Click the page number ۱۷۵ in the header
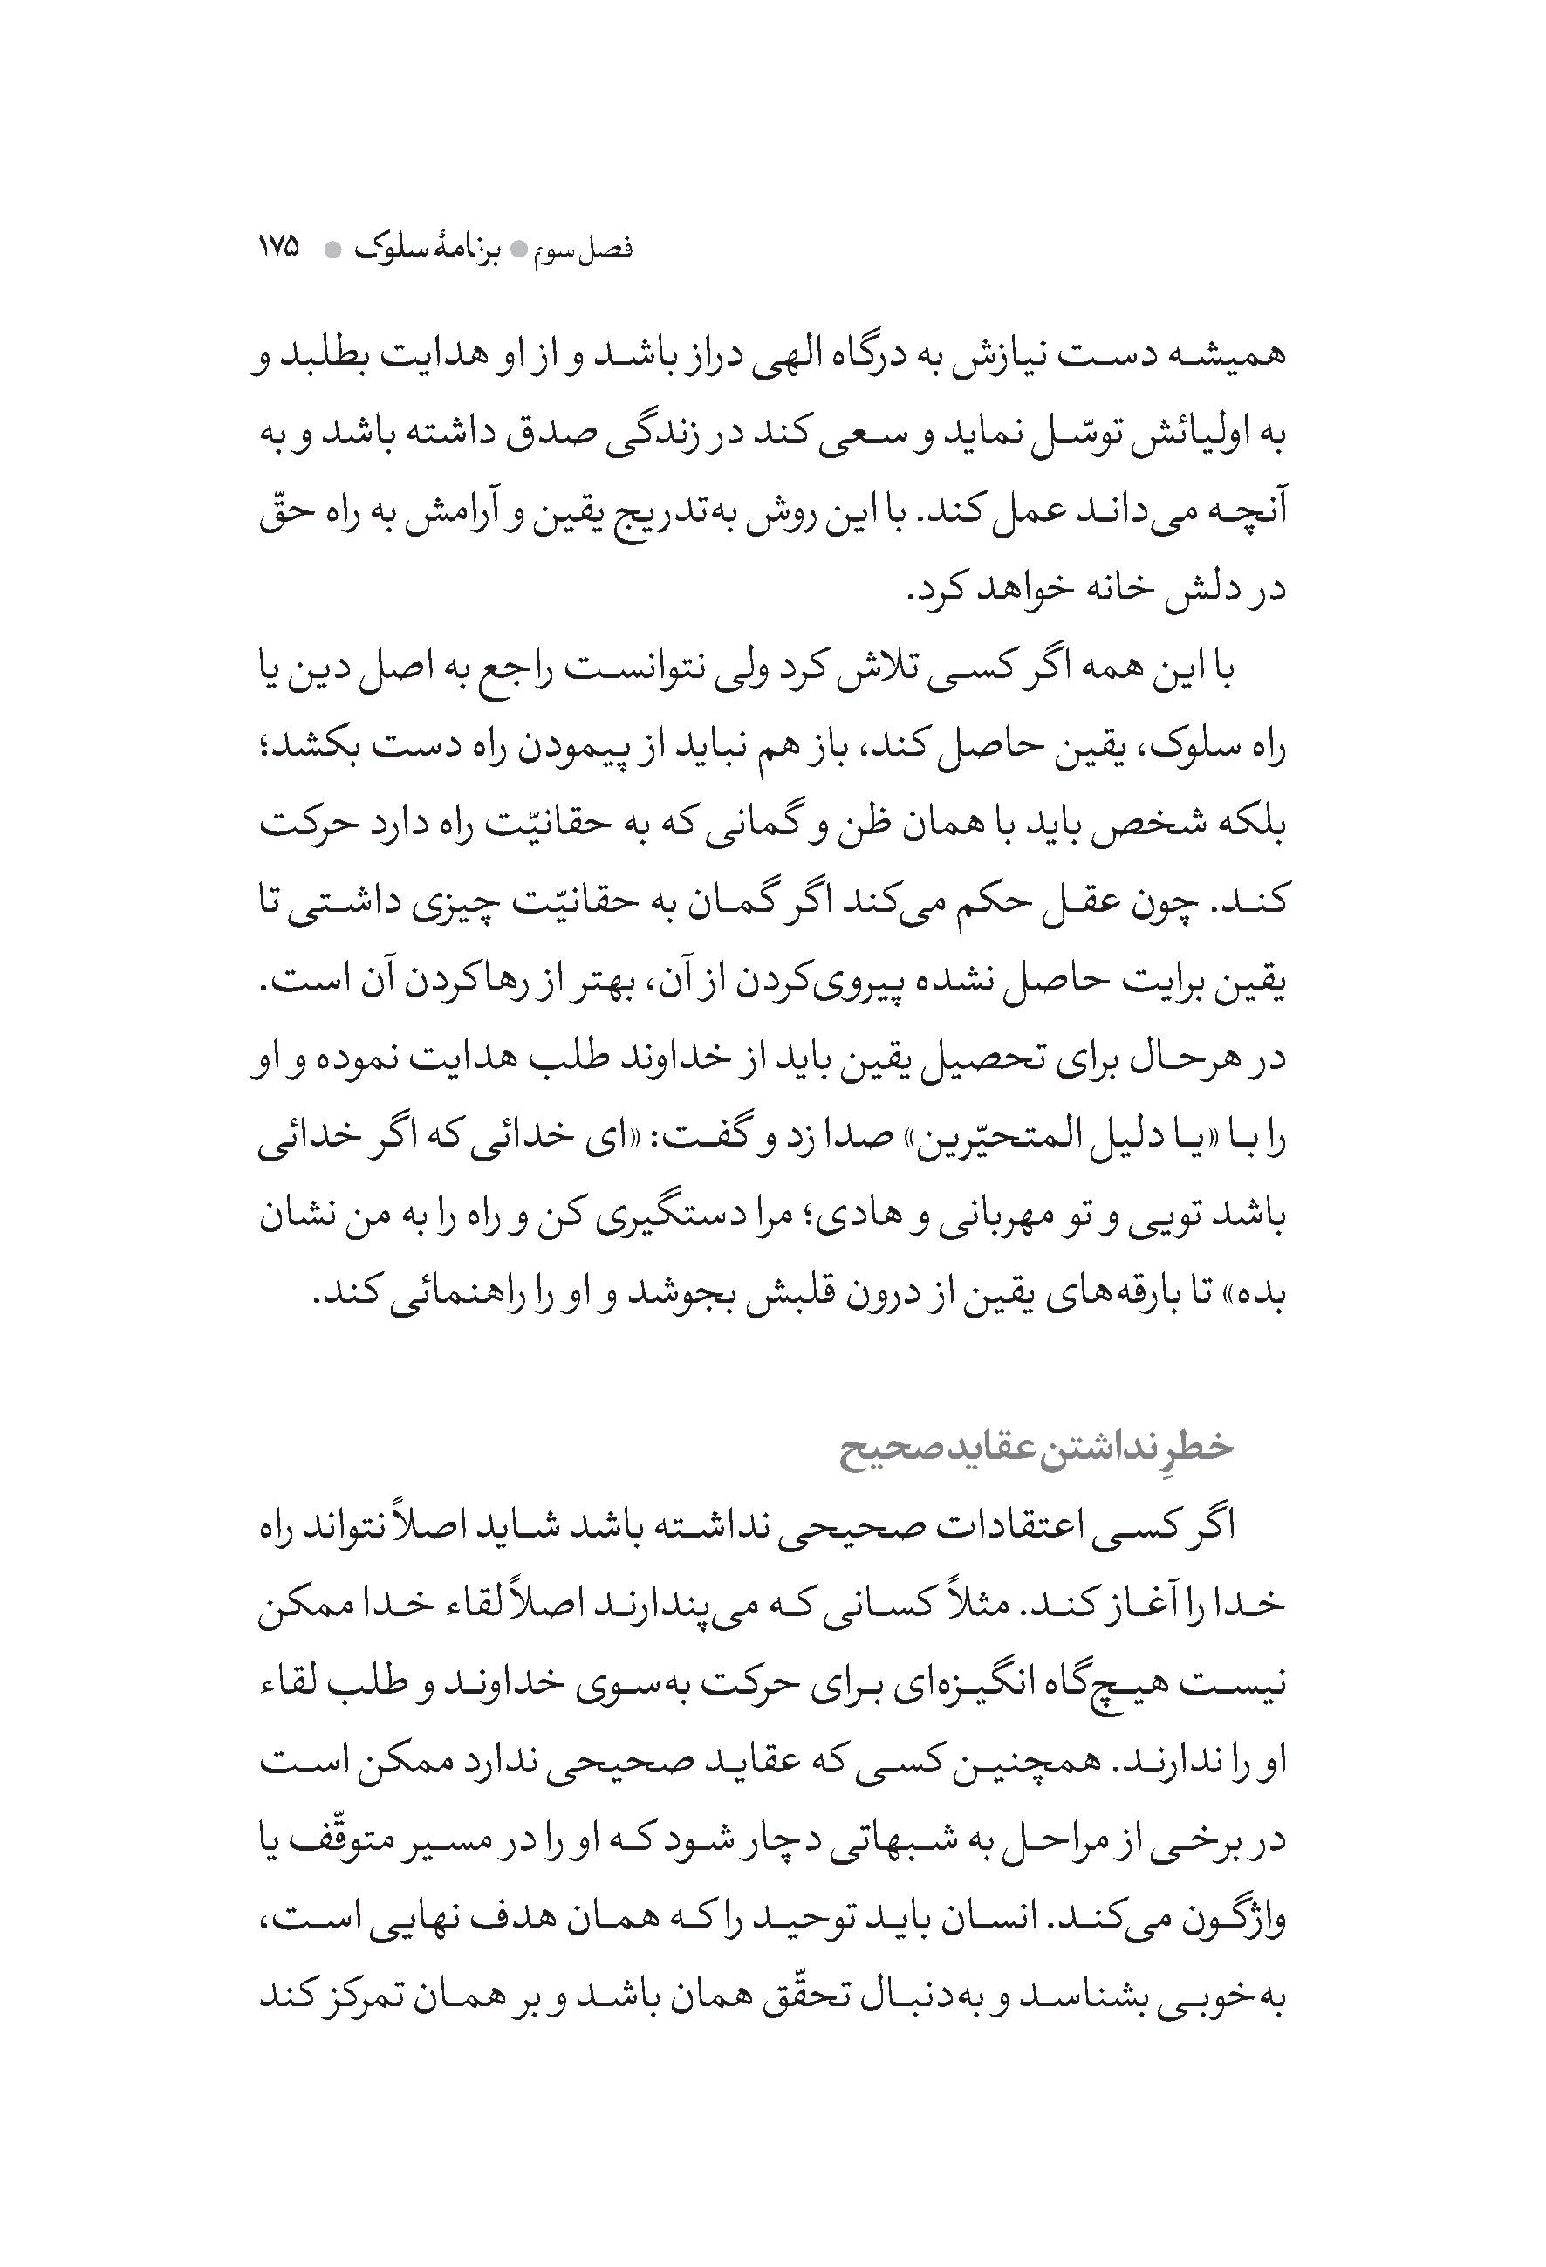(x=279, y=248)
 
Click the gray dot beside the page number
(x=332, y=250)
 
